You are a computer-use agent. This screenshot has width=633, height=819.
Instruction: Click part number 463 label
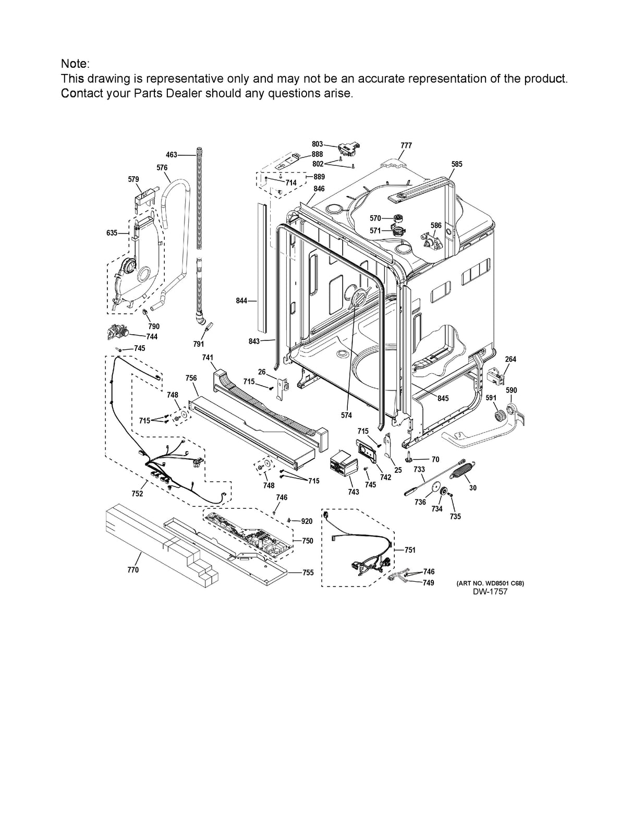tap(172, 155)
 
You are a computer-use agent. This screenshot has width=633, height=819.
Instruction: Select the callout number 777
tap(406, 145)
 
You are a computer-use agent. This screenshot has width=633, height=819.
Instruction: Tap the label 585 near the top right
tap(457, 164)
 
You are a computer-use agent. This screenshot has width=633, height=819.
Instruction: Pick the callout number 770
tap(133, 570)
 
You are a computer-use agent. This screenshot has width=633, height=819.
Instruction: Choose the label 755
tap(308, 572)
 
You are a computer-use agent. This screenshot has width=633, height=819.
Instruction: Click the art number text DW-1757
tap(490, 592)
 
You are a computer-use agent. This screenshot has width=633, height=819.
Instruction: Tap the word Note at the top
tap(74, 64)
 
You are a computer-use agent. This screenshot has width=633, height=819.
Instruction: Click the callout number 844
tap(241, 301)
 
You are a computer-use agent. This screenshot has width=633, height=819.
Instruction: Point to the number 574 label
tap(346, 415)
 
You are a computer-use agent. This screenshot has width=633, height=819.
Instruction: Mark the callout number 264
tap(510, 359)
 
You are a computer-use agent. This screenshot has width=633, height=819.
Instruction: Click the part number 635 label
tap(112, 233)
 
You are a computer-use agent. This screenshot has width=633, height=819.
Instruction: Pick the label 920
tap(307, 521)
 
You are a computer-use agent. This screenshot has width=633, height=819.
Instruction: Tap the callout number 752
tap(137, 494)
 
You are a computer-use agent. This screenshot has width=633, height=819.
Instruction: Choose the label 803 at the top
tap(317, 144)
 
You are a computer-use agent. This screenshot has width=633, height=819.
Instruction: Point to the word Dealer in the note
tap(185, 93)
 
